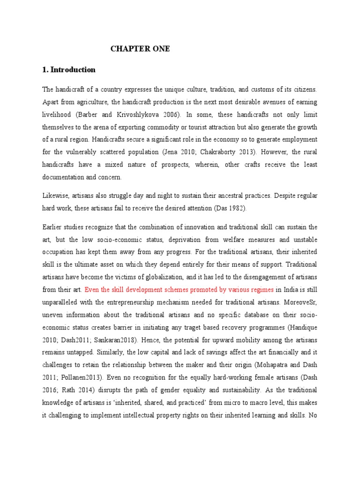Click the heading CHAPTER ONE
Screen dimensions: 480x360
(x=140, y=48)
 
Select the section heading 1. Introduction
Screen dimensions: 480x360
(x=69, y=69)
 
